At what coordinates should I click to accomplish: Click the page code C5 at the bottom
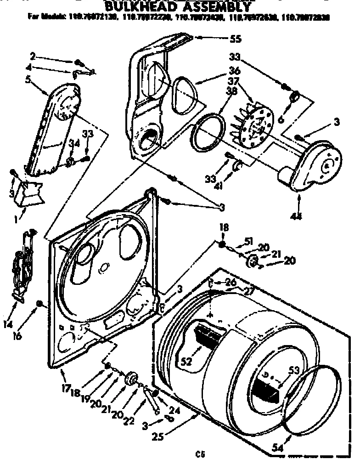point(199,454)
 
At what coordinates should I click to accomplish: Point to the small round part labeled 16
point(40,303)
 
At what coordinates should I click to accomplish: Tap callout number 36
point(234,71)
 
